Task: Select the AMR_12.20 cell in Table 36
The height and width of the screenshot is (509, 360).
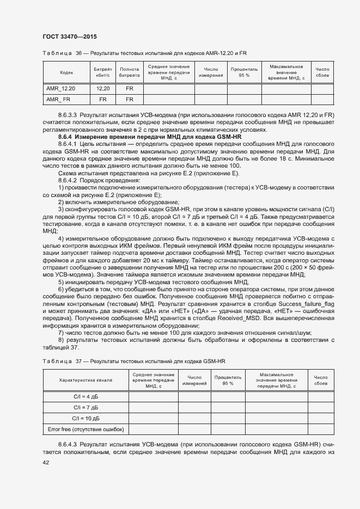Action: [60, 88]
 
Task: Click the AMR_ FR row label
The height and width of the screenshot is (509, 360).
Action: [58, 99]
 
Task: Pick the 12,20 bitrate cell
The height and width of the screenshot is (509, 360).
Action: [103, 88]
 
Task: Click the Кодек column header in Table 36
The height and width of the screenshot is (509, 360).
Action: [66, 72]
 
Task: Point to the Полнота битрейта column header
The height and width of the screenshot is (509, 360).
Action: [129, 72]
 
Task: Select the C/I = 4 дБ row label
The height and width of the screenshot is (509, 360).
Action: [86, 396]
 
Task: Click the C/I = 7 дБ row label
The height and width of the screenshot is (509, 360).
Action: [86, 407]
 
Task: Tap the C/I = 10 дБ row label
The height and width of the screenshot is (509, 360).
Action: [86, 418]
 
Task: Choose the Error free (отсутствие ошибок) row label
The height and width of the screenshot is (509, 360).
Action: [86, 430]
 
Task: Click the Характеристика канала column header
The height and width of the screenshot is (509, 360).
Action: [86, 380]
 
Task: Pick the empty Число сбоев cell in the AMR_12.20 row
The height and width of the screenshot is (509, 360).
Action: [322, 88]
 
